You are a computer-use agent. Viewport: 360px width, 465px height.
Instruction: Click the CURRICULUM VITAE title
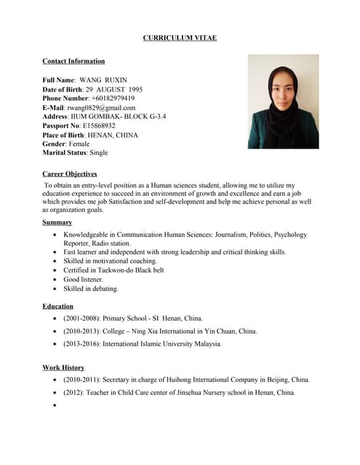pyautogui.click(x=180, y=38)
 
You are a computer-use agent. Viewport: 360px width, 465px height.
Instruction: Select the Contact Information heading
pyautogui.click(x=73, y=62)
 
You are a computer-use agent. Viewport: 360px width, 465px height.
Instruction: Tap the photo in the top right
pyautogui.click(x=283, y=102)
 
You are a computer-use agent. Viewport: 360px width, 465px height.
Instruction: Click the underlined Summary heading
pyautogui.click(x=57, y=222)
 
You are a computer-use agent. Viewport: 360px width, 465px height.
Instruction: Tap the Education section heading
pyautogui.click(x=58, y=307)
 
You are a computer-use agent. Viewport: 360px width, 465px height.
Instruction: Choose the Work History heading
pyautogui.click(x=63, y=368)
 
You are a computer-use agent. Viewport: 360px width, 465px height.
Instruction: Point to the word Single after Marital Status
pyautogui.click(x=99, y=153)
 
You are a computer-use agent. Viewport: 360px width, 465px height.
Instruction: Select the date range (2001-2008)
pyautogui.click(x=82, y=318)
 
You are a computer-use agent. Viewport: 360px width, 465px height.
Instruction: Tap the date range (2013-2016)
pyautogui.click(x=82, y=344)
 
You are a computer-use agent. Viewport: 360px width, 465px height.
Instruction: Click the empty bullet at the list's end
pyautogui.click(x=55, y=405)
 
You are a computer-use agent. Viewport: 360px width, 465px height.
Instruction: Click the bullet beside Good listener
pyautogui.click(x=55, y=280)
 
